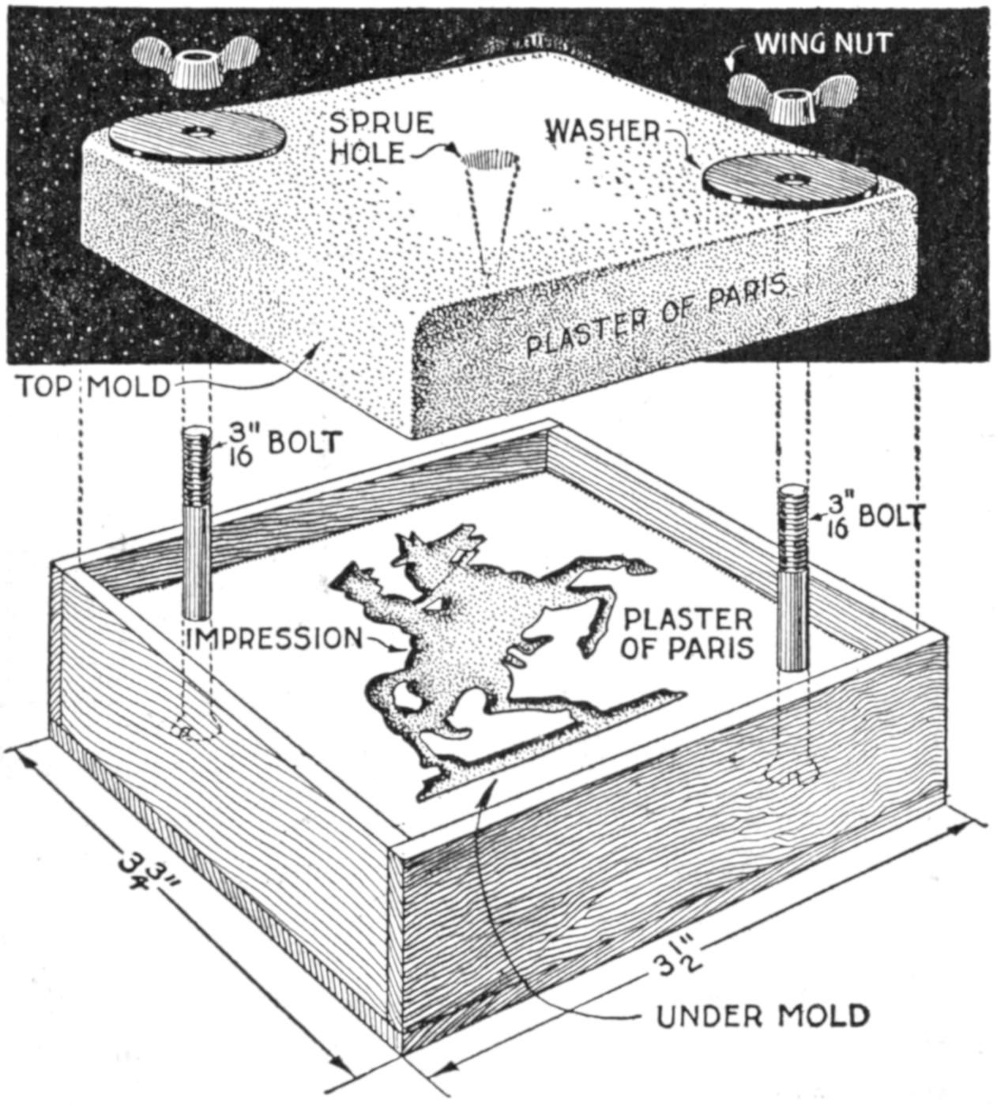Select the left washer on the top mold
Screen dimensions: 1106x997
click(x=196, y=136)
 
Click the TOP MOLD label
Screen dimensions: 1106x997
click(x=93, y=387)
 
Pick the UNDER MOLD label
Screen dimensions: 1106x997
click(x=762, y=1015)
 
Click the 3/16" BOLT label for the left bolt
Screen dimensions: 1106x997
click(x=285, y=446)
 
